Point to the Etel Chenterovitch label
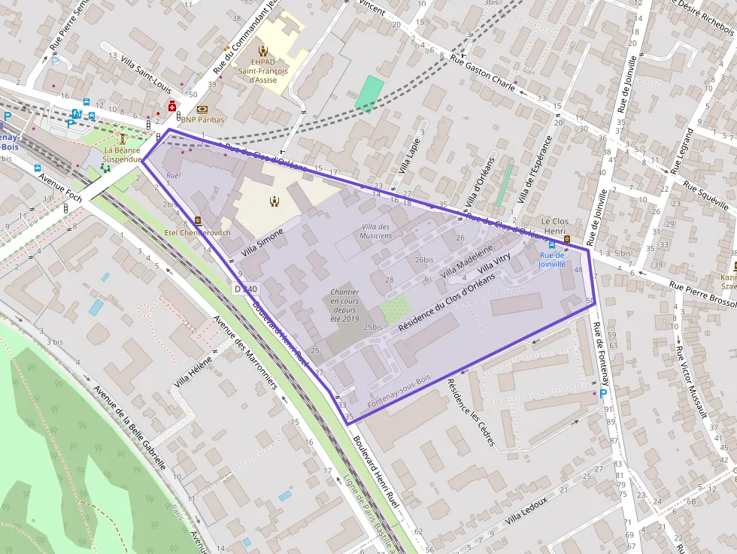(x=197, y=232)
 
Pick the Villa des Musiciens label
(x=376, y=231)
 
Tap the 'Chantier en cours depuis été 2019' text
(x=344, y=305)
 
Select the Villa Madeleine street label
(x=466, y=260)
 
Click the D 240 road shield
(x=245, y=289)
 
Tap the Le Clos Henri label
(x=555, y=226)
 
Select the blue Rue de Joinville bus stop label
(x=551, y=259)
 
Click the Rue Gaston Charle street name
(x=481, y=72)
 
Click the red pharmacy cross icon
(x=171, y=107)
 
